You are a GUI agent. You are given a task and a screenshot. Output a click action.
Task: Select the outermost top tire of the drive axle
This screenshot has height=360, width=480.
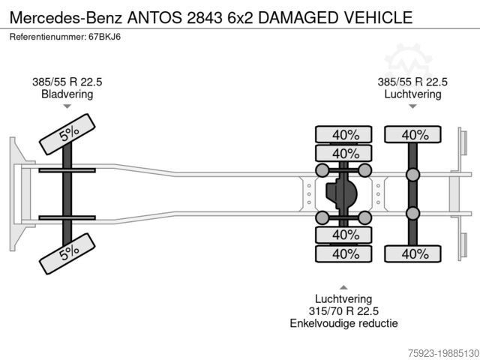tap(343, 135)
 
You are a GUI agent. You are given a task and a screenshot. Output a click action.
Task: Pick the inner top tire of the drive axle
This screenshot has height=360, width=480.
tap(343, 154)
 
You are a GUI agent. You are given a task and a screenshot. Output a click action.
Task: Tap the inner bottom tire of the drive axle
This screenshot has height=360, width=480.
tap(343, 235)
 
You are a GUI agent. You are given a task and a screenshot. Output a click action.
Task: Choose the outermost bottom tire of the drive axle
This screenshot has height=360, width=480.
tap(343, 253)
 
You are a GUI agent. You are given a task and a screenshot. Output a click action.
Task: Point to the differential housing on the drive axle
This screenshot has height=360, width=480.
tap(343, 194)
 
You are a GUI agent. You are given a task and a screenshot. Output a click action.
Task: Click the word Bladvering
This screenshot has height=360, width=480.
tap(67, 94)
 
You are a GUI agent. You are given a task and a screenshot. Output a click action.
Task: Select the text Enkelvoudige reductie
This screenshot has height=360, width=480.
tap(343, 323)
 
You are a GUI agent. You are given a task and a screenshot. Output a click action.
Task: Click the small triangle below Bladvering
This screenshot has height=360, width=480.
tap(67, 107)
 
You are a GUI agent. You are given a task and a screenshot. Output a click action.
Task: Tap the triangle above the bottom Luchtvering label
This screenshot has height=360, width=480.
tap(343, 286)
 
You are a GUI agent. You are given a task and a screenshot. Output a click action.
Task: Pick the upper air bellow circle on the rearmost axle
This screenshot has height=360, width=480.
tap(412, 175)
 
